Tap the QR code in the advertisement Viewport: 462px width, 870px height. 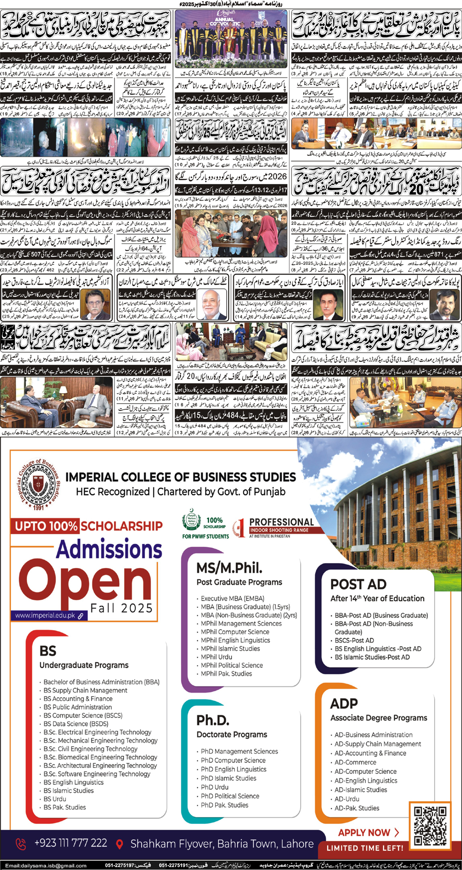(x=430, y=825)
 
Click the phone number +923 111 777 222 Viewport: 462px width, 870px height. (x=71, y=843)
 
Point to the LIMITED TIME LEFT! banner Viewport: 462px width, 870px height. (x=365, y=848)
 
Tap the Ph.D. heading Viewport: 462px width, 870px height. (x=213, y=720)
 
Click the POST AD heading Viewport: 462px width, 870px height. (x=358, y=584)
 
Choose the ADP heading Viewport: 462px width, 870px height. (x=344, y=704)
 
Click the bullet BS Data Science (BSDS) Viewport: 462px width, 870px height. (x=76, y=724)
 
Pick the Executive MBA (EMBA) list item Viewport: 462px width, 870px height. (x=232, y=598)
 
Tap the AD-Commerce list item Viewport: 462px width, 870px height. (x=355, y=763)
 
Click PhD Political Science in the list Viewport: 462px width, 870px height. (x=230, y=796)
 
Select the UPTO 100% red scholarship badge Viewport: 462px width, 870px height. (x=46, y=526)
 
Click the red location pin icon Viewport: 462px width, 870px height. (x=119, y=844)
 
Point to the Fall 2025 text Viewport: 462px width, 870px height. (x=122, y=608)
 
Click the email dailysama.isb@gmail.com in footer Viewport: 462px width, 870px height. (x=46, y=866)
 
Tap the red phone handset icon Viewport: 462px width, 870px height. (x=21, y=844)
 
